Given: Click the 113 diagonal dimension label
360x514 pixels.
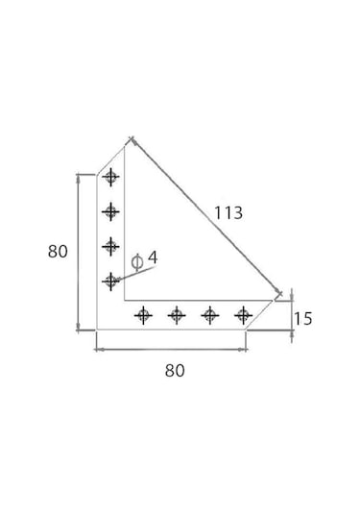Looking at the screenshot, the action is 228,212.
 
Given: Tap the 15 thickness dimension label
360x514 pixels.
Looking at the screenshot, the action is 303,319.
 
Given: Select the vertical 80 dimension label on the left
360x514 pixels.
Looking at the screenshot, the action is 58,252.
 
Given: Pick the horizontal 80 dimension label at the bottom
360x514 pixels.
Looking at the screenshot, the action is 175,371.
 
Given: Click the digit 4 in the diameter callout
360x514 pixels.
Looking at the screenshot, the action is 153,257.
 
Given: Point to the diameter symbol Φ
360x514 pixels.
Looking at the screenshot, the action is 137,262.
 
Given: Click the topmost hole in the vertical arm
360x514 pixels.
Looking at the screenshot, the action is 110,178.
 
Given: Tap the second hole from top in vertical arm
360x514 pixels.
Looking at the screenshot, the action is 110,211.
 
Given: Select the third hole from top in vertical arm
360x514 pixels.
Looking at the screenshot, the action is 110,247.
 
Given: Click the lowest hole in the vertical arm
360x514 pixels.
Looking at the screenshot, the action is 110,281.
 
